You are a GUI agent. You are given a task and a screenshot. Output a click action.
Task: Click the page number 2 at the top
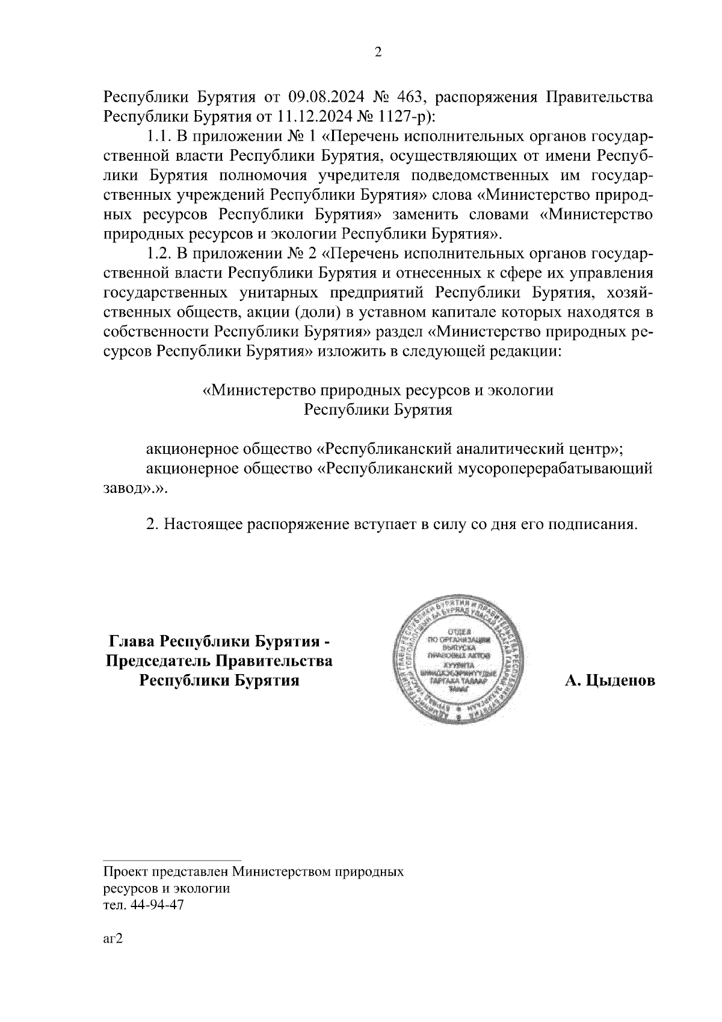(378, 52)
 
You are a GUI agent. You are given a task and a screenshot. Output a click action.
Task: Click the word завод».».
(133, 488)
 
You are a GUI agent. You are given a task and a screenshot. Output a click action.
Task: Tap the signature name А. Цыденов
(609, 681)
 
